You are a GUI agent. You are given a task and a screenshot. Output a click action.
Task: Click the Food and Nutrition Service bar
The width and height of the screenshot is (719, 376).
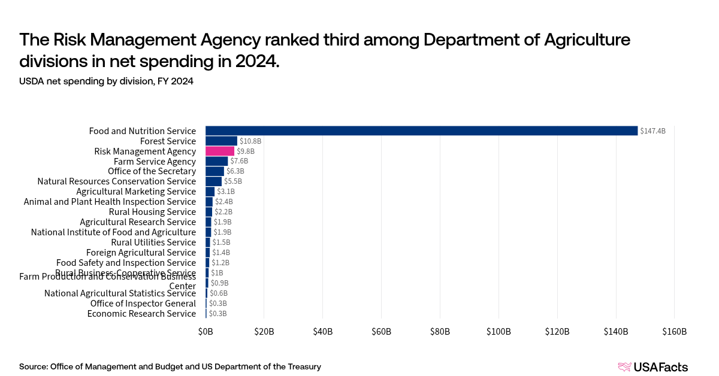(x=421, y=131)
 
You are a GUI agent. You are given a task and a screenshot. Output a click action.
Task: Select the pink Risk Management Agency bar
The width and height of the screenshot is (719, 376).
(x=220, y=151)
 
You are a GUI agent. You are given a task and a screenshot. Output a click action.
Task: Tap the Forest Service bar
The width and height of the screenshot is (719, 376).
(x=221, y=141)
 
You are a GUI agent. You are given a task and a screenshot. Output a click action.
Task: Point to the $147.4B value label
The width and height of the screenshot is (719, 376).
(x=652, y=131)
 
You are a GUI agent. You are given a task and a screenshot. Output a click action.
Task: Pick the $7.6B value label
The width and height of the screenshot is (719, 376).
(x=239, y=161)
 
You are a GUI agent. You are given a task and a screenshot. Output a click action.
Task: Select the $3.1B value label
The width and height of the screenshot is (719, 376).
(x=225, y=192)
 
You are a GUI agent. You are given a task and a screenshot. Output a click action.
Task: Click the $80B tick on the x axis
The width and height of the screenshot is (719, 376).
(x=440, y=332)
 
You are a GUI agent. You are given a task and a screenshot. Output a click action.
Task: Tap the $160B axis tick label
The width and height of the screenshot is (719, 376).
(x=674, y=332)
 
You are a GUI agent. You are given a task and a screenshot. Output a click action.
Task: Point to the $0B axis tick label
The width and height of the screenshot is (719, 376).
(x=206, y=332)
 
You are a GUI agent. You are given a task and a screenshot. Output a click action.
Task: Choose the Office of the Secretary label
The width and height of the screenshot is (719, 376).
(x=152, y=171)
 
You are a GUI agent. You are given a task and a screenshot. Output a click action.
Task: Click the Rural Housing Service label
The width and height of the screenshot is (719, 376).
(x=152, y=212)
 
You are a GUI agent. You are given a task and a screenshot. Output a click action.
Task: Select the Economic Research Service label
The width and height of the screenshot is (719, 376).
(x=141, y=314)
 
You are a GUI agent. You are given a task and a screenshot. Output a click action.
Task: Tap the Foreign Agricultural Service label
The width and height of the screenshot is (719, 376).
(x=141, y=253)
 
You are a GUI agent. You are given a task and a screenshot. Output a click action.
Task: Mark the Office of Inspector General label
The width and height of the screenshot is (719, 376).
(x=143, y=304)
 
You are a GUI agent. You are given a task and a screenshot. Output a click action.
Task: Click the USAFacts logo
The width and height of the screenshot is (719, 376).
(x=652, y=367)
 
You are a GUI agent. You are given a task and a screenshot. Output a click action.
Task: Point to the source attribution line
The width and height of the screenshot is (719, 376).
(x=170, y=366)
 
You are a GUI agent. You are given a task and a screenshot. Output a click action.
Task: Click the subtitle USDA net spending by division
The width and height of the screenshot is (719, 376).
(x=106, y=81)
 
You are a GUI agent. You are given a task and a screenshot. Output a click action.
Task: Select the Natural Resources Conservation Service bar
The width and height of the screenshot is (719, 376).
(x=213, y=181)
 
